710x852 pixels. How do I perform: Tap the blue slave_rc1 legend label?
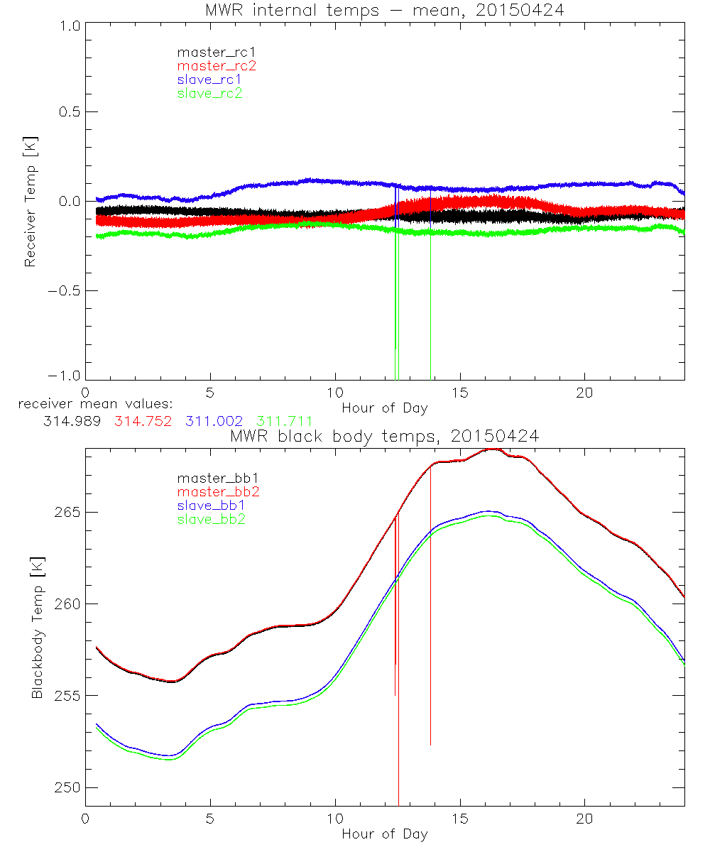tap(209, 79)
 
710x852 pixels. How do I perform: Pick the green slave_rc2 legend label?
tap(209, 92)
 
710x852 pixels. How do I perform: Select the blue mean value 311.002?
tap(211, 421)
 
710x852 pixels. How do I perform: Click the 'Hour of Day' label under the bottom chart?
tap(384, 834)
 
